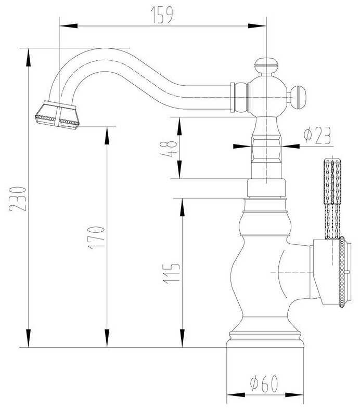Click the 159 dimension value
[x=162, y=15]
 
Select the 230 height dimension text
[x=18, y=199]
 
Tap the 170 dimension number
[x=96, y=237]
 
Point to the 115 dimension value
[x=171, y=273]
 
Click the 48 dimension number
[x=169, y=149]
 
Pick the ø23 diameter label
[x=317, y=136]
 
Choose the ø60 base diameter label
[x=264, y=383]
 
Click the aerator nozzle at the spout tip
[x=57, y=115]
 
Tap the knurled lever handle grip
[x=332, y=199]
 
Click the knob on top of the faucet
[x=266, y=66]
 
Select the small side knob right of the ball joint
[x=298, y=97]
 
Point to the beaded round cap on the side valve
[x=343, y=272]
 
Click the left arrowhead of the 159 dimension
[x=69, y=26]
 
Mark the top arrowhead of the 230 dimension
[x=28, y=58]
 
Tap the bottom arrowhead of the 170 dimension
[x=107, y=338]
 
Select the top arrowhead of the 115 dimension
[x=182, y=207]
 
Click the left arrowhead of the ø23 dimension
[x=242, y=146]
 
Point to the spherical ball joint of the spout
[x=266, y=96]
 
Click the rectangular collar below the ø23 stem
[x=266, y=188]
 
